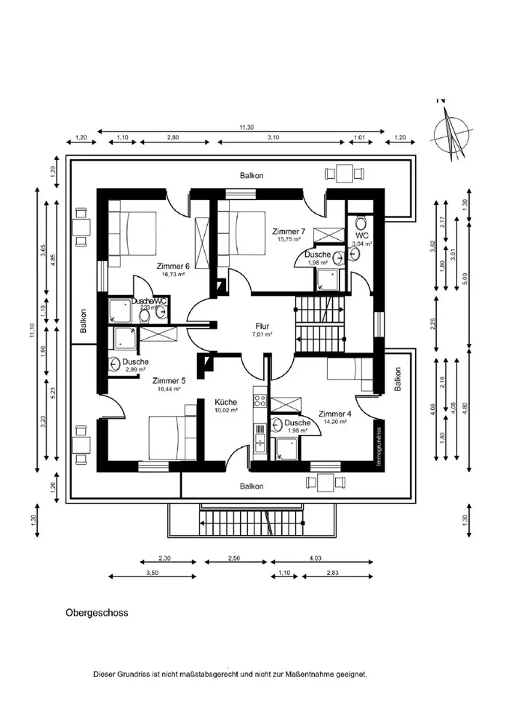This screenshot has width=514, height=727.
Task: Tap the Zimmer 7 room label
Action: point(289,230)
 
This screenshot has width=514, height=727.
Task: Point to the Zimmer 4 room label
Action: point(334,413)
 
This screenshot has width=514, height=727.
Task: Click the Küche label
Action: point(226,401)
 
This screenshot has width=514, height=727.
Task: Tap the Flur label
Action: point(262,326)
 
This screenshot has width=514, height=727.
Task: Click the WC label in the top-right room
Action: point(361,235)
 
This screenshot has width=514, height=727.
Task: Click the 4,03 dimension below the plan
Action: point(315,558)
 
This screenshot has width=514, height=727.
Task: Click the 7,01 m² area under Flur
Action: point(262,334)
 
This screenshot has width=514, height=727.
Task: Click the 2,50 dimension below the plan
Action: point(233,558)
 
